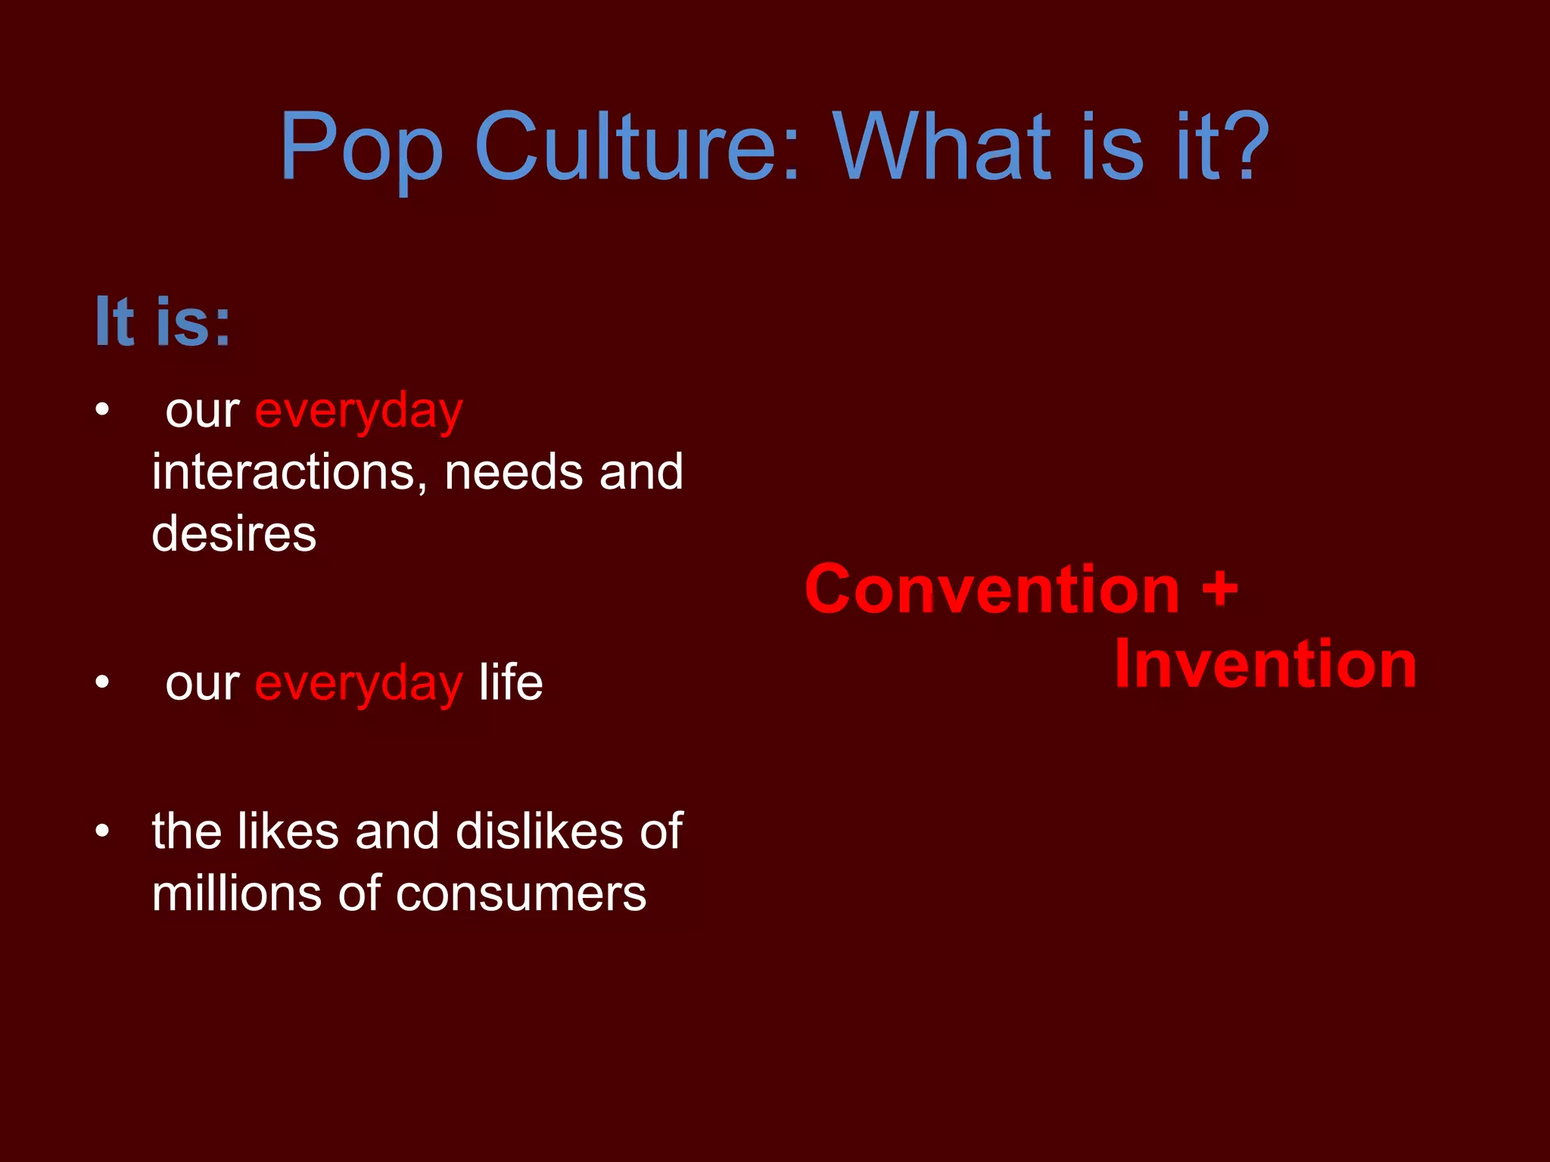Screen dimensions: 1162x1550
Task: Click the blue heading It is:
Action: [x=163, y=322]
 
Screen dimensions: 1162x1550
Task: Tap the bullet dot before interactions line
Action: [x=103, y=410]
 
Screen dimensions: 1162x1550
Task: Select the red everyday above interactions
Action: [x=359, y=412]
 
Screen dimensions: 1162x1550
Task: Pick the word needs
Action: [x=513, y=472]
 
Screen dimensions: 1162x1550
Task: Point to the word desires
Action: [x=234, y=534]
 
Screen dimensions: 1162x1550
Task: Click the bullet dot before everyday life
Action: [x=103, y=682]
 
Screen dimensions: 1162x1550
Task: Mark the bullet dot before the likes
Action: [x=103, y=831]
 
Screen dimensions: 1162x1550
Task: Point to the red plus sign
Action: [x=1220, y=589]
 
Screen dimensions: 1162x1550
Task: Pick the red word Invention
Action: [x=1265, y=664]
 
